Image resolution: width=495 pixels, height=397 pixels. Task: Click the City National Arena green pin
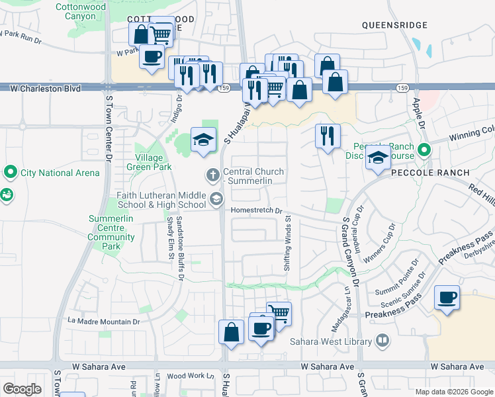(x=10, y=173)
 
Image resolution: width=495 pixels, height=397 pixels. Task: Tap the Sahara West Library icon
(x=382, y=341)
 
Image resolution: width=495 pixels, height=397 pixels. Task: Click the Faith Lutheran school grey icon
(x=216, y=198)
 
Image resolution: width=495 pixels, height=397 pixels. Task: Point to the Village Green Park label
(x=149, y=163)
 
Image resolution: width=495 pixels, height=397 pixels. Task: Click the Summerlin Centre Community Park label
(x=111, y=232)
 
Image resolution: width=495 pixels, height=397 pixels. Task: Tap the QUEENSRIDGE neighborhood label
(x=395, y=25)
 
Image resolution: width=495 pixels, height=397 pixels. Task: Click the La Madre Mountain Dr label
(x=105, y=322)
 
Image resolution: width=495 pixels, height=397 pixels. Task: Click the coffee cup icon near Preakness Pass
(x=447, y=297)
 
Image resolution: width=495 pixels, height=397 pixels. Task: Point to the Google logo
(x=22, y=388)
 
